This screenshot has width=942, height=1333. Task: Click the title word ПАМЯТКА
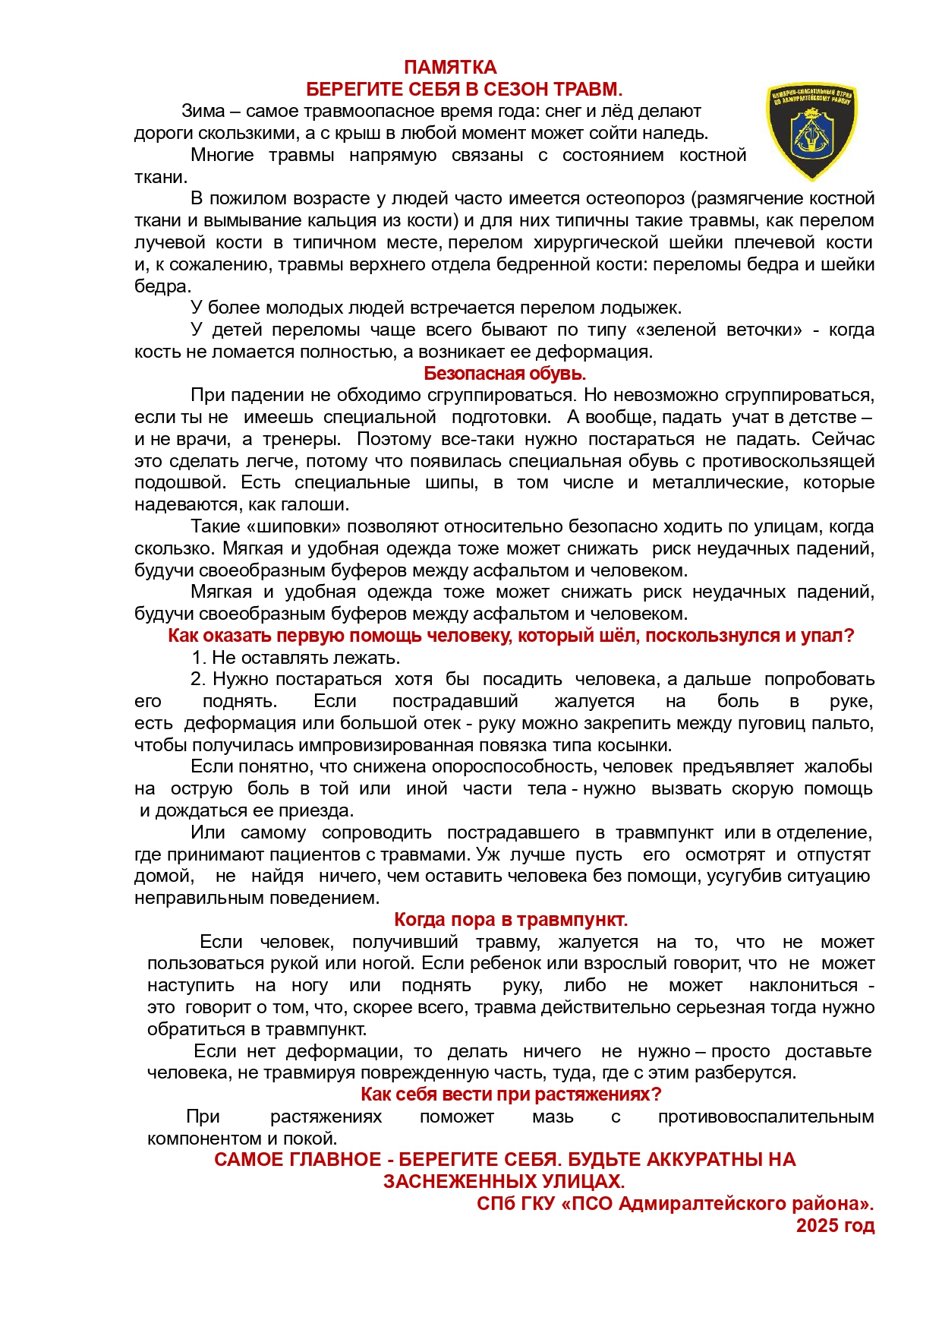[x=450, y=68]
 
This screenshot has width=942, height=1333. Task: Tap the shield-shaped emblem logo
[x=811, y=131]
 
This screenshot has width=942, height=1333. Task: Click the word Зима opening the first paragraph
[x=203, y=112]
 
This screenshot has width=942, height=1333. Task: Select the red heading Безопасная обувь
[x=505, y=374]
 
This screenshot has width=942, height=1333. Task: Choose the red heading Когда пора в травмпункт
[x=511, y=920]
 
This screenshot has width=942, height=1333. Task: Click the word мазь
[x=553, y=1117]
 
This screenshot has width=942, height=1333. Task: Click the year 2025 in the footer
[x=817, y=1226]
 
